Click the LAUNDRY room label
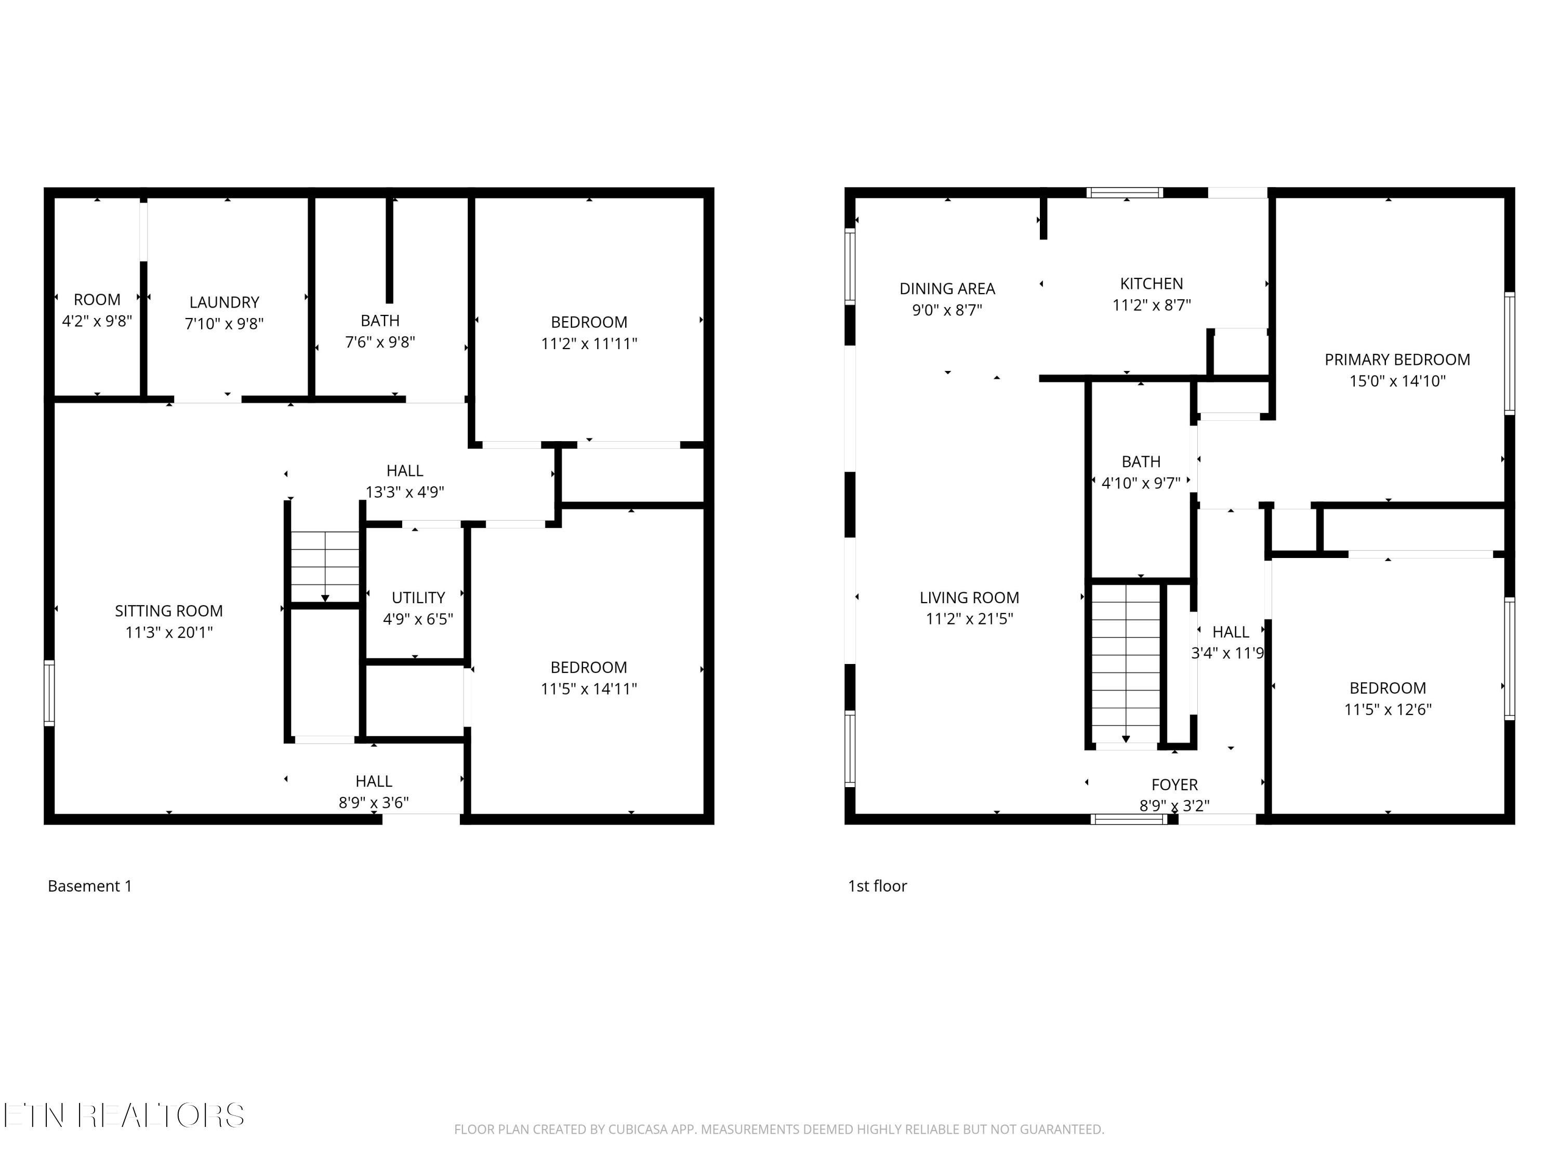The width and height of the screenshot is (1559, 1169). [224, 302]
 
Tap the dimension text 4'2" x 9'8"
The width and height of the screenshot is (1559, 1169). [97, 321]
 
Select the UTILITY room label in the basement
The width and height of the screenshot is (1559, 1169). [418, 597]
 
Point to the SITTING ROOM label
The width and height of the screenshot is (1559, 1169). [168, 611]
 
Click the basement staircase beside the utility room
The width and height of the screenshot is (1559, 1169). [325, 566]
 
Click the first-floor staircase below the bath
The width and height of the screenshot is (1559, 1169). [1126, 663]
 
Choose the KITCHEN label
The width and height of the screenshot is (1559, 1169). [1152, 283]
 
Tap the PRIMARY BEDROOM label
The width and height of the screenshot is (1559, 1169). [1397, 360]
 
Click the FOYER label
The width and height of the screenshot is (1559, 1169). [1174, 784]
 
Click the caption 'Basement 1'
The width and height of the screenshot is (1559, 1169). [89, 886]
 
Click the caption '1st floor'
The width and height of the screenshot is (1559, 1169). [877, 886]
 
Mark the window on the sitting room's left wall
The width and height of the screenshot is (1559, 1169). [49, 693]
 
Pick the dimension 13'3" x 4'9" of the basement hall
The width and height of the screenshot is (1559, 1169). [404, 492]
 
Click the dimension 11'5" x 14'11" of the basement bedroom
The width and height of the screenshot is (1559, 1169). [588, 688]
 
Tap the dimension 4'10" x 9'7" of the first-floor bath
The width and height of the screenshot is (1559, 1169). [1140, 483]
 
